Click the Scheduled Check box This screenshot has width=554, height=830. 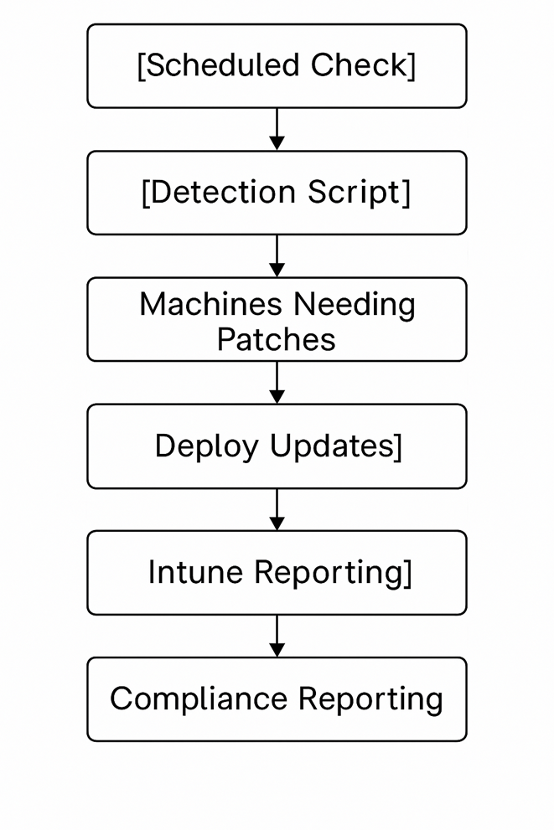pos(277,65)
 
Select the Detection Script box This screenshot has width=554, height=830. pos(277,193)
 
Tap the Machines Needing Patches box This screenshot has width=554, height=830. pos(277,319)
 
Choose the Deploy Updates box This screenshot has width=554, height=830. pos(277,446)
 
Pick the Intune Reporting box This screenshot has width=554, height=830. pos(277,573)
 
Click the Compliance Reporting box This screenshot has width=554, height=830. pos(277,699)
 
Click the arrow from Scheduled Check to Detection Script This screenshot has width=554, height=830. pos(277,129)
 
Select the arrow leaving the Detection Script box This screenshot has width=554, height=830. pos(277,255)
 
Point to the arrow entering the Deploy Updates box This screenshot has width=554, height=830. pos(277,383)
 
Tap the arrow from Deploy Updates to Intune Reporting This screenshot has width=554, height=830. pos(277,509)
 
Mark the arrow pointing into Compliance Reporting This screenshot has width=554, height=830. pos(277,636)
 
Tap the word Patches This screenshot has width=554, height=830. pos(277,339)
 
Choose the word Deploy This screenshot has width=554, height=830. pos(207,447)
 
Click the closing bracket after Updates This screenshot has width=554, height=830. pos(398,446)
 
